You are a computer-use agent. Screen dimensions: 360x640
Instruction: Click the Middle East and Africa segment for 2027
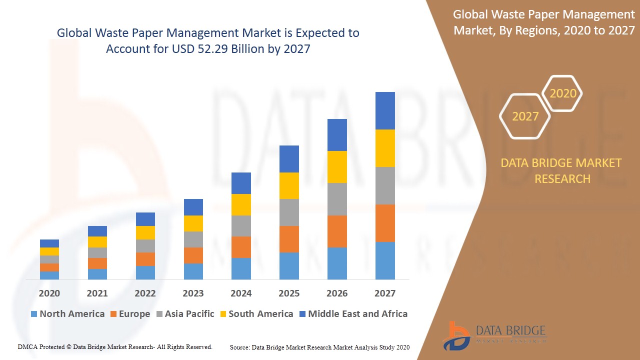385,110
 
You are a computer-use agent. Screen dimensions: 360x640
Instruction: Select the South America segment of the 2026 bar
337,166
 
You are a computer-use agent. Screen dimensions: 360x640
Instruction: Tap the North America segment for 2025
289,265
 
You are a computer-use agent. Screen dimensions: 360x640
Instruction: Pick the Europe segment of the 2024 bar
241,247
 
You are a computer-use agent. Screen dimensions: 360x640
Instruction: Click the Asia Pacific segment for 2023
193,239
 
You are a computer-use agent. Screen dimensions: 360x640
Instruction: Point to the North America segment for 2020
49,275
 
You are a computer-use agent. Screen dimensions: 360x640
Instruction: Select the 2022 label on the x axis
145,293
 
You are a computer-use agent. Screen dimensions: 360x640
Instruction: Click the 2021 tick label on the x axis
97,293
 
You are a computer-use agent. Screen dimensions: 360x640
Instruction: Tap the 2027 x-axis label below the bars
385,293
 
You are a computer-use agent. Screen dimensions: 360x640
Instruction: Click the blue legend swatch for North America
34,314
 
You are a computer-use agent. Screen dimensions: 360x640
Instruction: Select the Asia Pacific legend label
189,314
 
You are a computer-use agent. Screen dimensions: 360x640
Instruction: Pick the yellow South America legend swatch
222,314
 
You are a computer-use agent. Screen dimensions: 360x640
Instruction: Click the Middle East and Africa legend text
357,314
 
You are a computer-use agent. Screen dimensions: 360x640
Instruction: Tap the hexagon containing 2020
562,93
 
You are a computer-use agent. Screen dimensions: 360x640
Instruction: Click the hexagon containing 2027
525,116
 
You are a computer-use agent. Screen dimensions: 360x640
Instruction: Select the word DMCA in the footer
28,346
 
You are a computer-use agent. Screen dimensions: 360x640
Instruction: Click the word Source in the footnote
239,347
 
